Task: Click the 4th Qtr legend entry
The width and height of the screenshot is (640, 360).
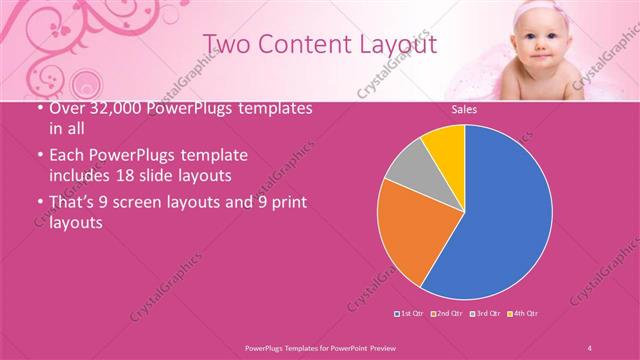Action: (523, 314)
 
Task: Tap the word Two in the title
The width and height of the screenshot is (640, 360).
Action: (228, 44)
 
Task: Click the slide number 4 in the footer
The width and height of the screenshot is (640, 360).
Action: (590, 347)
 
